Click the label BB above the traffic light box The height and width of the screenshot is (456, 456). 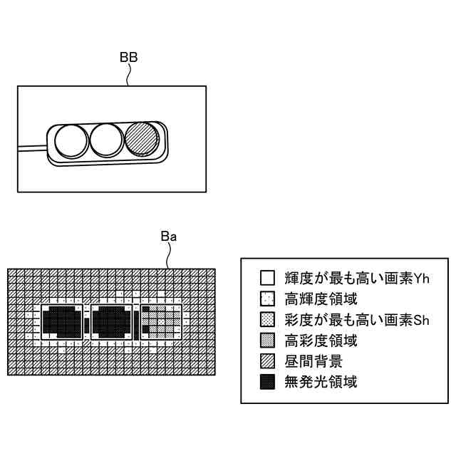tap(128, 57)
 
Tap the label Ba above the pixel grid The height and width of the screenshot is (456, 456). tap(168, 236)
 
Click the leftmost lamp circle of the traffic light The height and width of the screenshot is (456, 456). tap(71, 140)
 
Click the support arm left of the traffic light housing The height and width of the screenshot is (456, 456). tap(32, 148)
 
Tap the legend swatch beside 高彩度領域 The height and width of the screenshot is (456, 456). tap(267, 340)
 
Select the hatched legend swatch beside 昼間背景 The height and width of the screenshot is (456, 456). tap(267, 361)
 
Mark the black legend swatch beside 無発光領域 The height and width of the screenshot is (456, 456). tap(267, 382)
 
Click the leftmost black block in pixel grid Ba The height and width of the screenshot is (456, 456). tap(64, 323)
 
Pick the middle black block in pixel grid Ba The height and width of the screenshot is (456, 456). tap(113, 323)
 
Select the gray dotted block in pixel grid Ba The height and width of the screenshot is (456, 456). tap(161, 323)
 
